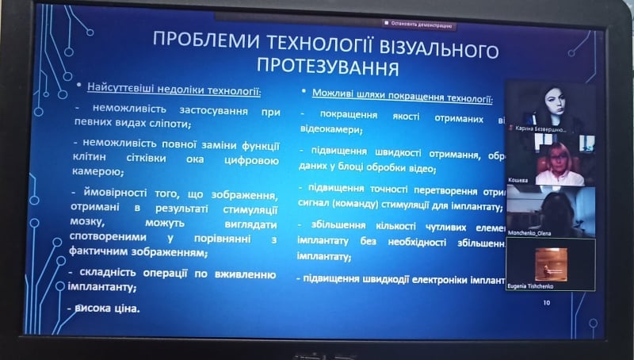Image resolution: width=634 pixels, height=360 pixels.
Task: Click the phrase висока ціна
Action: click(107, 308)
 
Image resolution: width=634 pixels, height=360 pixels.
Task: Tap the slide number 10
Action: click(545, 302)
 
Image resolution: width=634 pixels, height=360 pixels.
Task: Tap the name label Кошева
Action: click(519, 182)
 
